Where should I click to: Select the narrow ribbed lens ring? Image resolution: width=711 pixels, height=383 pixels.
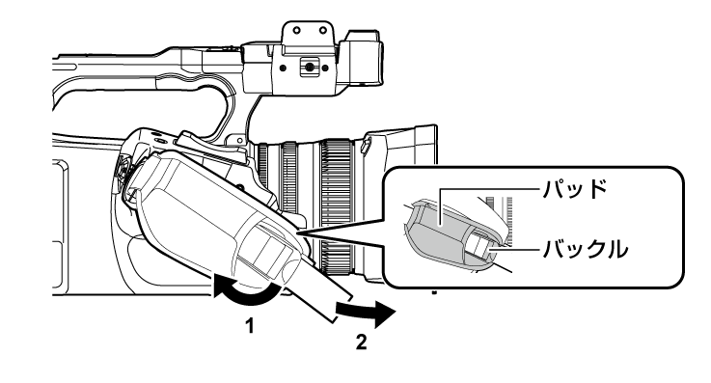point(288,193)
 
